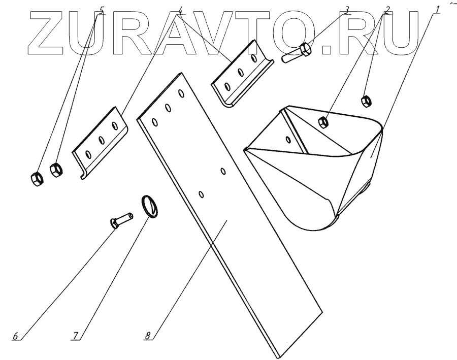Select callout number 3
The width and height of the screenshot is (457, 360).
point(346,10)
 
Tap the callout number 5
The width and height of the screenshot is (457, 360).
point(102,10)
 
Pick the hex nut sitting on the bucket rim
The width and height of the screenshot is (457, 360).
point(321,121)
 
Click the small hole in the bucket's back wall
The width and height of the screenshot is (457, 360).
point(289,139)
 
